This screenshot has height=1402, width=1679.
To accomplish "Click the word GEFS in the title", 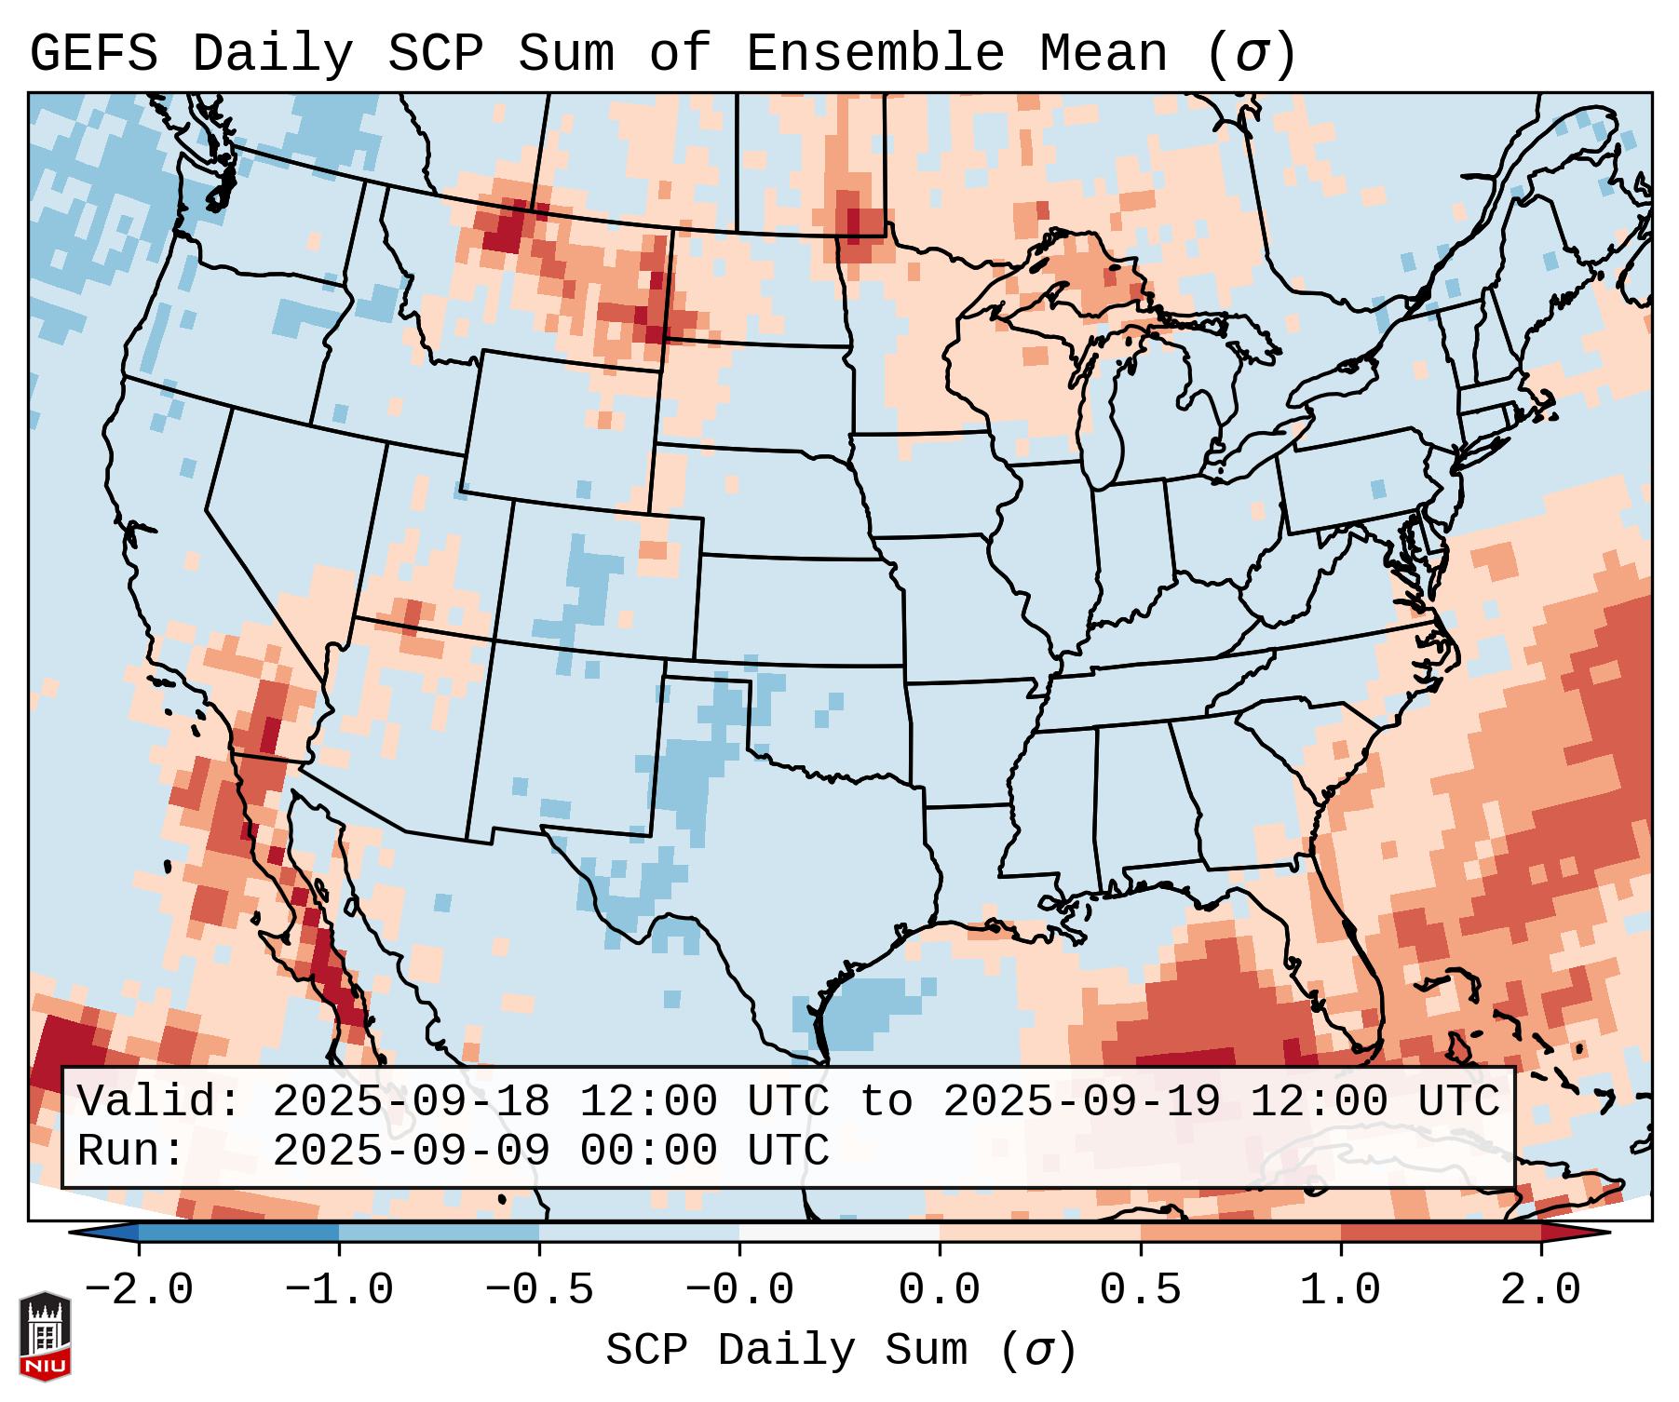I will tap(93, 54).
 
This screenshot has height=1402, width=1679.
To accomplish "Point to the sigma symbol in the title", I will tap(1251, 54).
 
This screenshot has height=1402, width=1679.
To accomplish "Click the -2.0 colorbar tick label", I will tap(139, 1290).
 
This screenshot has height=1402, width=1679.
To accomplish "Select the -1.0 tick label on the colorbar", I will tap(339, 1290).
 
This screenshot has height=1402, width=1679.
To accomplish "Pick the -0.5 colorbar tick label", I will tap(539, 1290).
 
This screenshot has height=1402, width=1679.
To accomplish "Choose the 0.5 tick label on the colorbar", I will tap(1140, 1290).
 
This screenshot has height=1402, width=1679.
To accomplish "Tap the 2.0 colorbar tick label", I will tap(1540, 1290).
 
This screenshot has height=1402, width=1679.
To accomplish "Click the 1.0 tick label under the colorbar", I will tap(1340, 1290).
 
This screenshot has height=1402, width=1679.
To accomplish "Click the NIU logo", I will tap(45, 1337).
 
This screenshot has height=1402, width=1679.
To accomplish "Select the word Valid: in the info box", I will tap(159, 1101).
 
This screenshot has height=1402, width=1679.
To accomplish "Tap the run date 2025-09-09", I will tap(411, 1151).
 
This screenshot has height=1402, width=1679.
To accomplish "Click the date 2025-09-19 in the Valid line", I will tap(1081, 1101).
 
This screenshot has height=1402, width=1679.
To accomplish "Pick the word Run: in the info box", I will tap(131, 1151).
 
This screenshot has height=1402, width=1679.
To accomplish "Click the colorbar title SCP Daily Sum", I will tap(788, 1350).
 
